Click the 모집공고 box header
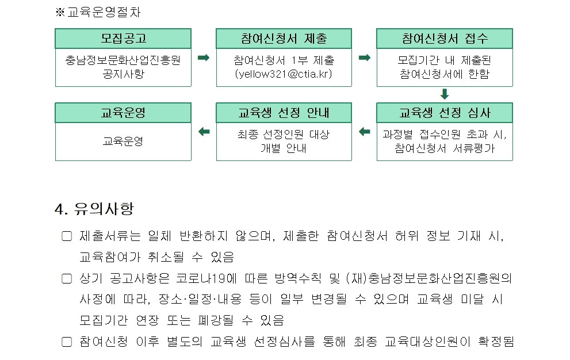click(x=123, y=39)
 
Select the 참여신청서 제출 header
click(x=284, y=39)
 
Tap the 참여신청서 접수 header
click(x=445, y=39)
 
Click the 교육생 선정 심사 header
click(x=445, y=113)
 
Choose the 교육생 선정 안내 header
click(x=284, y=113)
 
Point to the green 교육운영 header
click(x=123, y=113)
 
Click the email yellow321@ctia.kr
click(x=284, y=74)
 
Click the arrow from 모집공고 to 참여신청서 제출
click(x=204, y=58)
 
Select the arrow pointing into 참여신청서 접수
click(x=364, y=58)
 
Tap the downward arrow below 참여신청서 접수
click(x=445, y=94)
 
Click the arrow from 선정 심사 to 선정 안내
click(x=364, y=132)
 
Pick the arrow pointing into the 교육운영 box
click(x=204, y=132)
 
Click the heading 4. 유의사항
click(x=94, y=209)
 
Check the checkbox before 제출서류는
click(x=67, y=236)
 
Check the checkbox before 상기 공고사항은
click(x=67, y=278)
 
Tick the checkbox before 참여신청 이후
click(x=67, y=342)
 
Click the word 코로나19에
click(x=206, y=278)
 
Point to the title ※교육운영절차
click(x=98, y=12)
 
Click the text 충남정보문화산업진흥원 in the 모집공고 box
click(x=123, y=60)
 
